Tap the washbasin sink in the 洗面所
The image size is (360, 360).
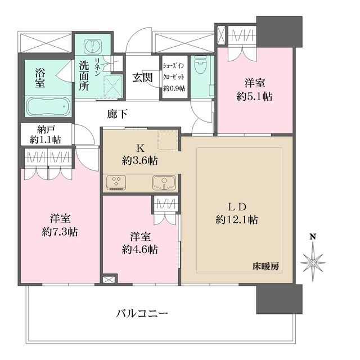(91, 46)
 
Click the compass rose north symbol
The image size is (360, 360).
(313, 260)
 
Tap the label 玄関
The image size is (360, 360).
(142, 78)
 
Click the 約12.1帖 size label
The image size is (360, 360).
(236, 220)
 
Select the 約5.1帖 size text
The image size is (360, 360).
(254, 96)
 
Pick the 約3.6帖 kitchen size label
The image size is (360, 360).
(139, 160)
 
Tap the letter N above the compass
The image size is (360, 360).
(313, 238)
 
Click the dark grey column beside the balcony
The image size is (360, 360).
(278, 299)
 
